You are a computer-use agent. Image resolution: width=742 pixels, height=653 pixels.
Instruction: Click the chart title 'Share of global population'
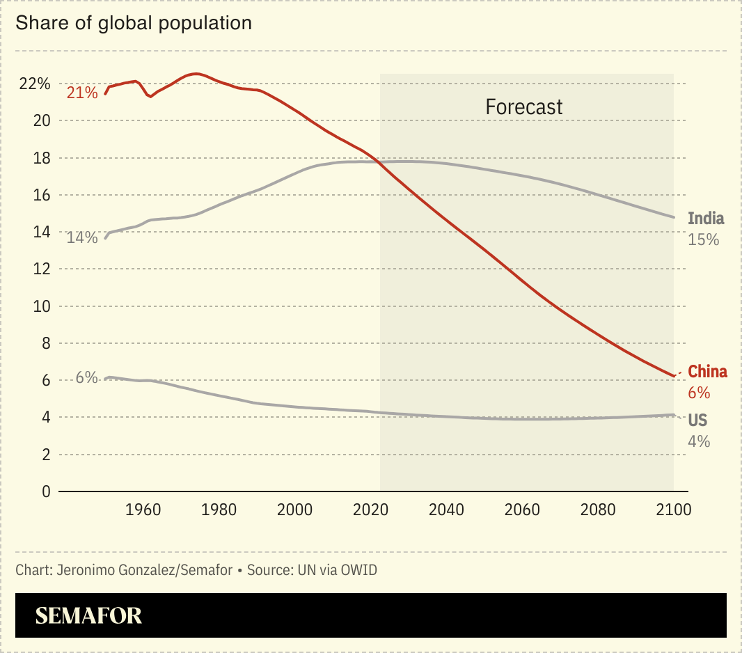point(133,23)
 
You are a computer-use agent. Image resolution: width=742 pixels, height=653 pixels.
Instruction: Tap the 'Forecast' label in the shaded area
point(523,107)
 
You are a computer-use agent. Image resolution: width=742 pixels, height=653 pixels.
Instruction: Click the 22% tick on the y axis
point(35,84)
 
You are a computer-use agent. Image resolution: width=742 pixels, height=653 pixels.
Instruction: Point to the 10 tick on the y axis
point(42,306)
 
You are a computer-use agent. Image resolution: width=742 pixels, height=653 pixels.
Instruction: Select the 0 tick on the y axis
point(46,491)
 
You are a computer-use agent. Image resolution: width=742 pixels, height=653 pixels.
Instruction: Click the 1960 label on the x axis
point(143,510)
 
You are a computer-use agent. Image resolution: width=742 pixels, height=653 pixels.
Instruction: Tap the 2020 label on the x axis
point(370,510)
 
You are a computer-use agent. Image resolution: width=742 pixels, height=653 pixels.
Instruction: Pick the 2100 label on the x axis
point(673,510)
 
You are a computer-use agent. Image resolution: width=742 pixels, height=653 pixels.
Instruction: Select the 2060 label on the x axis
point(522,510)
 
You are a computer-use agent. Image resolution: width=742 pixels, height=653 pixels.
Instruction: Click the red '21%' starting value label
point(82,93)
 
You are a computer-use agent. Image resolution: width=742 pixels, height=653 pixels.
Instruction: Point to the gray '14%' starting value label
point(82,238)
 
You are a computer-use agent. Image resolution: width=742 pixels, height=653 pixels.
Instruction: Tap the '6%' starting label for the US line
point(86,378)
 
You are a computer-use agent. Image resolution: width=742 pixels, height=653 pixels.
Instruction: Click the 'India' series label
point(706,219)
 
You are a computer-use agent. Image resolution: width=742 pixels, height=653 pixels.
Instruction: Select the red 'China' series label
point(707,372)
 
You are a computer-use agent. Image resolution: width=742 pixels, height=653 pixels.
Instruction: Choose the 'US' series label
point(697,420)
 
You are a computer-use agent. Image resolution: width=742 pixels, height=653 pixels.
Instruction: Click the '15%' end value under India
point(703,240)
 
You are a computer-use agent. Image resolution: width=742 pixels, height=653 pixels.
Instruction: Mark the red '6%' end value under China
point(699,393)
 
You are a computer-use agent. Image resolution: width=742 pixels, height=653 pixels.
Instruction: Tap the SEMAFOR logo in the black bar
point(88,615)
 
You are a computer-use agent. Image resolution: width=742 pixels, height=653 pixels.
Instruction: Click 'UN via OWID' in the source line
point(337,571)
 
